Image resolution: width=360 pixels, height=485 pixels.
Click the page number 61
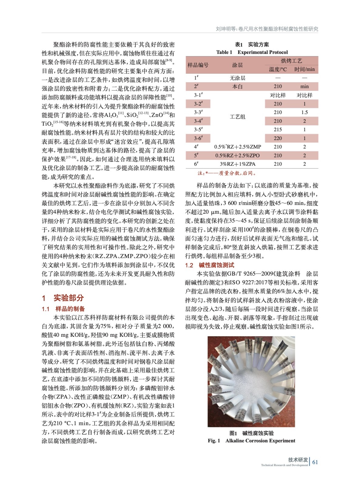pos(315,462)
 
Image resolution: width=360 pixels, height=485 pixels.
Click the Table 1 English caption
pos(252,52)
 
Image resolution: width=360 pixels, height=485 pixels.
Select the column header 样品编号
pos(198,65)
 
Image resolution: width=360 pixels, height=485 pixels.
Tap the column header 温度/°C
pos(278,69)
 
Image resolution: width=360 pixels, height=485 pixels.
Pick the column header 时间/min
pos(304,69)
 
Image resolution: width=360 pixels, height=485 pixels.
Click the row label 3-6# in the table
pos(198,138)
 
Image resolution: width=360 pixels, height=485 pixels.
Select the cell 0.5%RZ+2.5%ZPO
pos(237,156)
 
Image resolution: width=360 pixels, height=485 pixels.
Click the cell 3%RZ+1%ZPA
pos(237,164)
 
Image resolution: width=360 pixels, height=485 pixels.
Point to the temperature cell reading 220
pos(278,138)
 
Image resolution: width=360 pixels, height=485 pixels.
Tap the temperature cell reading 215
pos(278,129)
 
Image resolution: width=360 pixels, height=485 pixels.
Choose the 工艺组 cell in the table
pos(237,117)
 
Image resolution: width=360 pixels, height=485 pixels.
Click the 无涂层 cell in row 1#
pos(237,78)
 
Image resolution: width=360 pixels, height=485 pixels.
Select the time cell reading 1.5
pos(304,112)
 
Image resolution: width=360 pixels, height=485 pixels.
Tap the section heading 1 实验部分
pos(63,298)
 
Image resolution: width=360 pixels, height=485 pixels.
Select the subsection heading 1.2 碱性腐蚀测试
pos(210,265)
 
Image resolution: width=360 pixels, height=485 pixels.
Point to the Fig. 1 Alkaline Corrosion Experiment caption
pos(251,441)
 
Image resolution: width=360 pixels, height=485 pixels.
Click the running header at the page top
pos(267,29)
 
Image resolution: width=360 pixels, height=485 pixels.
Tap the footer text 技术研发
pos(298,460)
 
